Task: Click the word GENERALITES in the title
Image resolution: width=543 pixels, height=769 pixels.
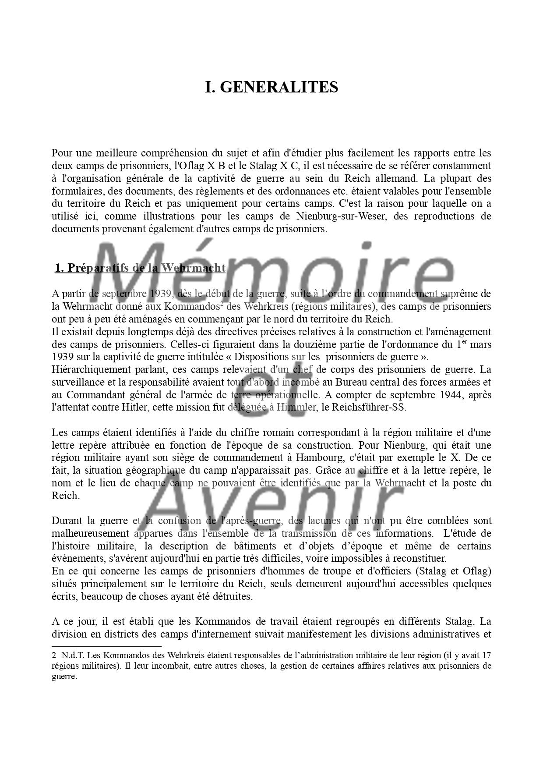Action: click(279, 87)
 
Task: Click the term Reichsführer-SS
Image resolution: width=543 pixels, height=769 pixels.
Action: click(370, 408)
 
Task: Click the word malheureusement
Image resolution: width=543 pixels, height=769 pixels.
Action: click(90, 534)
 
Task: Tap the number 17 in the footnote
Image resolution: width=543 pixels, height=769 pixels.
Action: click(486, 656)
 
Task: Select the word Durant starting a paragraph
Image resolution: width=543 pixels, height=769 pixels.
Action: click(67, 521)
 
